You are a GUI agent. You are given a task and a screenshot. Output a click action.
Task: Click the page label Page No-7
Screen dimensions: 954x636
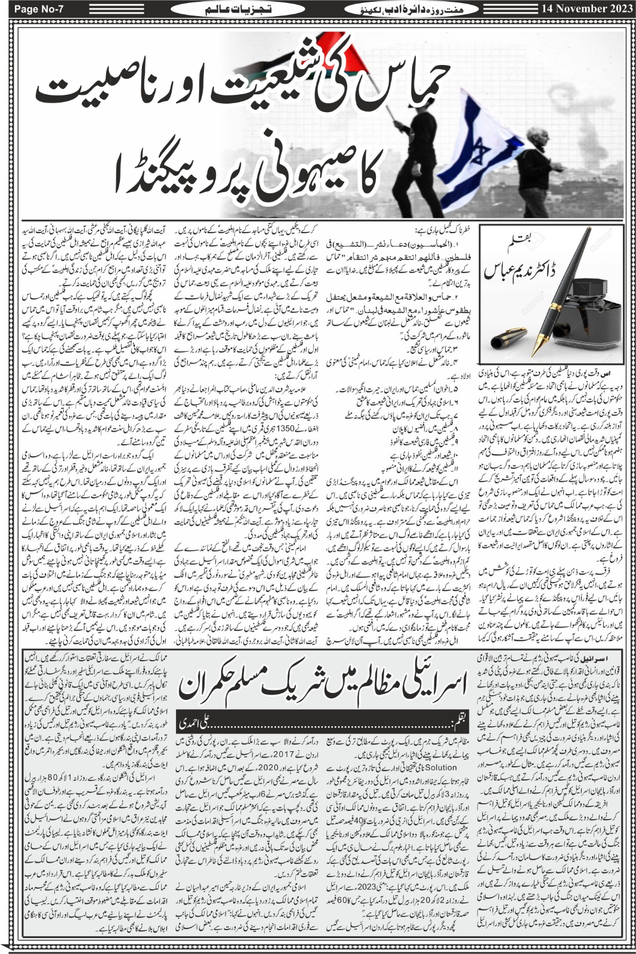[x=35, y=8]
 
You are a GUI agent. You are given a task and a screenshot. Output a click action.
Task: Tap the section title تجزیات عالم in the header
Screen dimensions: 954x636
[x=221, y=9]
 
